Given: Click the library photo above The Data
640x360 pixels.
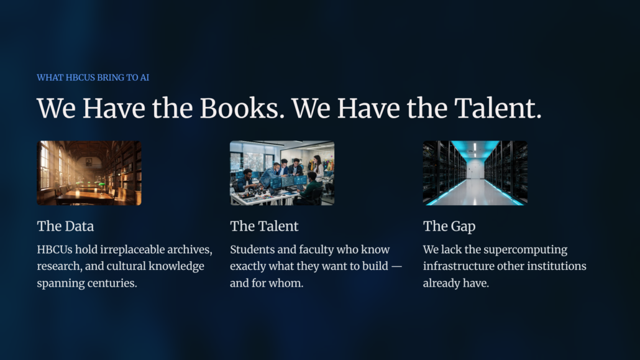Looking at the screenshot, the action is pyautogui.click(x=89, y=173).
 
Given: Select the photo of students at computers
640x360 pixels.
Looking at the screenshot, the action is pyautogui.click(x=282, y=173).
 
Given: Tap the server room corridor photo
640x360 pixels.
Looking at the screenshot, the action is pyautogui.click(x=475, y=173).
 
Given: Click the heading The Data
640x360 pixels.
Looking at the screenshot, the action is pyautogui.click(x=65, y=226).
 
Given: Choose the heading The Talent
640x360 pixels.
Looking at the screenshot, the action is pyautogui.click(x=264, y=226).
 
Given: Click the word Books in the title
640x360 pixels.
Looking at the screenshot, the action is pyautogui.click(x=242, y=108).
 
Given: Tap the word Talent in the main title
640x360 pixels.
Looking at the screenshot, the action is pyautogui.click(x=498, y=108).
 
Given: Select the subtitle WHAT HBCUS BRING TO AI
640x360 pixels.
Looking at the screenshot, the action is pyautogui.click(x=93, y=78).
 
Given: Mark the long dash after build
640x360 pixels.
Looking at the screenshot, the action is pyautogui.click(x=396, y=266).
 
